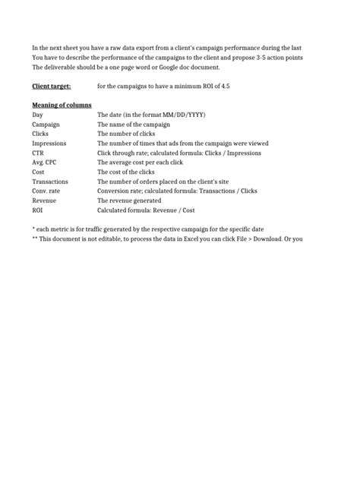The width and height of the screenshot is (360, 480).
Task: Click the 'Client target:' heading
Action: (51, 87)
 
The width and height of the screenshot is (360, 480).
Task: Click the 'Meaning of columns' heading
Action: (62, 104)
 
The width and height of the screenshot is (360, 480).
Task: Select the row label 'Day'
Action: (37, 114)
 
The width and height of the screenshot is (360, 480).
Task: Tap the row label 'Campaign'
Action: (46, 124)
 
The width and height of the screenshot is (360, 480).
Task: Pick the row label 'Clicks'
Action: (40, 134)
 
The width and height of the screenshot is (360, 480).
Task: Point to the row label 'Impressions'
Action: (49, 143)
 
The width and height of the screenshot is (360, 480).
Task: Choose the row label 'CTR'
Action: (38, 153)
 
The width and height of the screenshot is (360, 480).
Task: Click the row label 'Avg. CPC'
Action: (44, 163)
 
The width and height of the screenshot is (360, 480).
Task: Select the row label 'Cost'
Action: (38, 172)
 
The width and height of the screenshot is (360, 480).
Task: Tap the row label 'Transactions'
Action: (50, 182)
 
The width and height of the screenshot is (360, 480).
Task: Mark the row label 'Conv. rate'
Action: (46, 191)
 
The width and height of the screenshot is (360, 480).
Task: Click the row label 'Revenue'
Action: (44, 201)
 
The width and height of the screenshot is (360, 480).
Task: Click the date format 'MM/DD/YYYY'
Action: (184, 114)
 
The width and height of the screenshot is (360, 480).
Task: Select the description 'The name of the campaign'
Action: (133, 124)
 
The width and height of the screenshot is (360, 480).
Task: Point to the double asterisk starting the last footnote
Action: (35, 238)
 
